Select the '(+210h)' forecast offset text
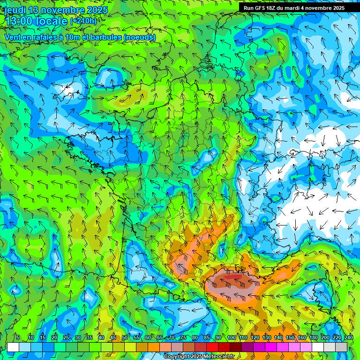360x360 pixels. coord(83,21)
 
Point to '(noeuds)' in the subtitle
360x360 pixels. coord(140,37)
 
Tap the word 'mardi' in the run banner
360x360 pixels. coord(300,8)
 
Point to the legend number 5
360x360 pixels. coord(18,337)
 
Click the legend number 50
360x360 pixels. coord(124,337)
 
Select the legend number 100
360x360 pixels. coord(231,337)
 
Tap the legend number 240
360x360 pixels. coord(348,337)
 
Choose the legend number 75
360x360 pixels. coord(183,337)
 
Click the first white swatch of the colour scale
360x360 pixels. coord(13,347)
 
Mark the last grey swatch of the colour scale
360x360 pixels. coord(341,347)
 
